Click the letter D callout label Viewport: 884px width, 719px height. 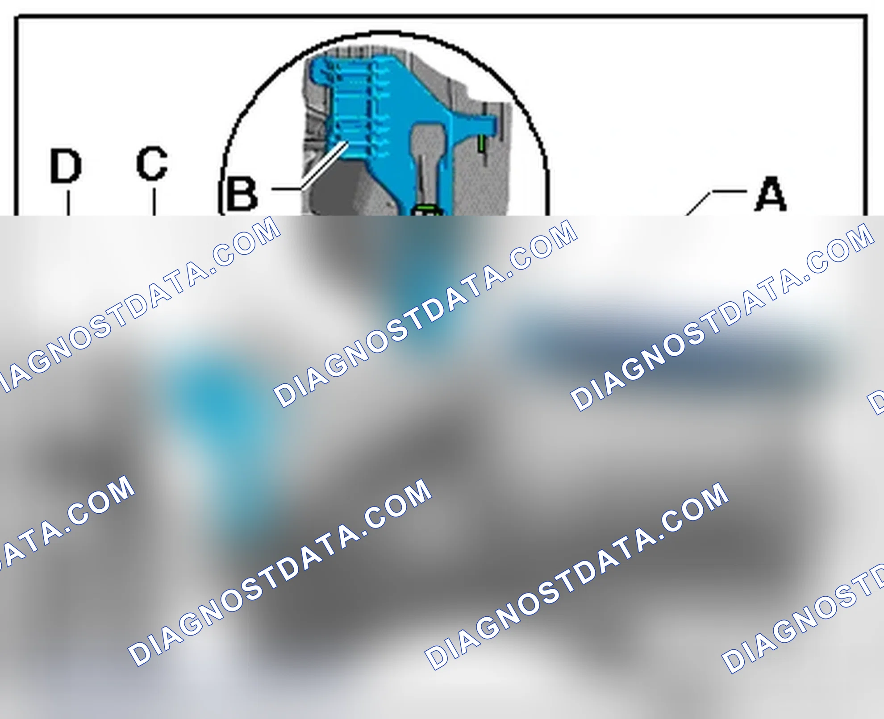click(x=66, y=166)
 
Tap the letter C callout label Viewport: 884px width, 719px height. click(x=152, y=163)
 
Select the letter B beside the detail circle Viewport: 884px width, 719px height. click(x=242, y=194)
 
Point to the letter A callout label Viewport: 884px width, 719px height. click(x=771, y=194)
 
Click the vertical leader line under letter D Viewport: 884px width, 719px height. click(x=68, y=203)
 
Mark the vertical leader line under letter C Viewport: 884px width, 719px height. click(x=154, y=202)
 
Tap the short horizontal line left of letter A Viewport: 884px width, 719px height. click(x=729, y=191)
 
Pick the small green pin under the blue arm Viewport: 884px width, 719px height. click(x=482, y=143)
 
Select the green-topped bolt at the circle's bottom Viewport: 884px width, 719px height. click(x=427, y=210)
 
